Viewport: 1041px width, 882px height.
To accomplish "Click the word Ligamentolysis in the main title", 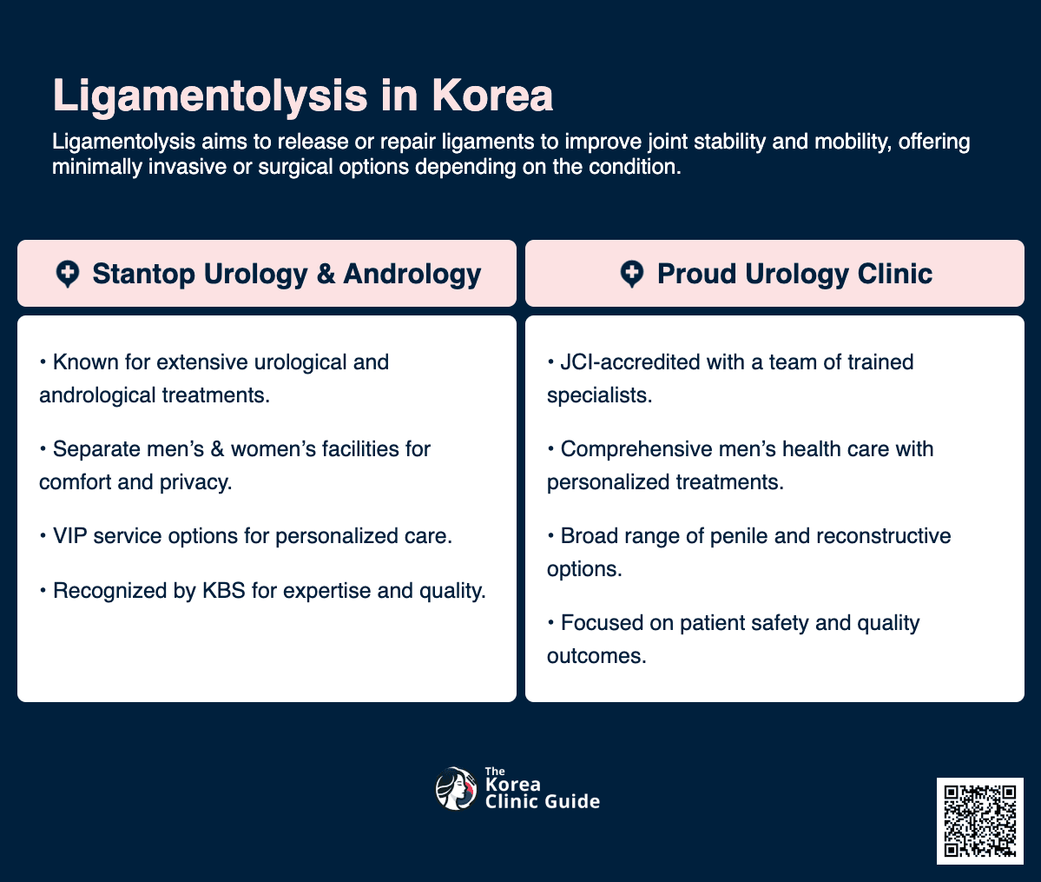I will point(208,96).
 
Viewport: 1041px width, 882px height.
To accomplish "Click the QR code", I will point(979,820).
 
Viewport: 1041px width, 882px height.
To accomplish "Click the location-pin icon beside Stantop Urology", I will point(68,274).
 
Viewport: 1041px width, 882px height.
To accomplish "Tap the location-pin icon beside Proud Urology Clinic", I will point(632,274).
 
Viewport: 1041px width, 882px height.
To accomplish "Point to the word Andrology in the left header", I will point(412,274).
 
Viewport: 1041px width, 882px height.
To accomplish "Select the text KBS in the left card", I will point(223,591).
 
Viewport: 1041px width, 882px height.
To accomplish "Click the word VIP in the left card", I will point(69,536).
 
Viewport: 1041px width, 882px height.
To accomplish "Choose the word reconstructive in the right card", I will point(877,535).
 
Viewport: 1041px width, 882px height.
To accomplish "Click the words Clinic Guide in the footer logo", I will point(543,801).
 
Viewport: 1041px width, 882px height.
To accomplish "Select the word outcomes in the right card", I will point(596,655).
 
